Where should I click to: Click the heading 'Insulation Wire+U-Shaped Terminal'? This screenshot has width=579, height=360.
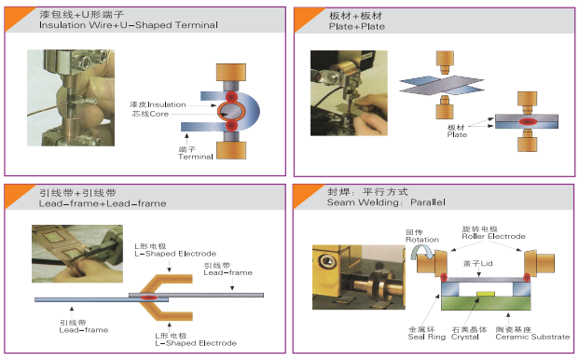point(129,25)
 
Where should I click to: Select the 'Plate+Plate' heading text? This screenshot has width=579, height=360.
point(357,27)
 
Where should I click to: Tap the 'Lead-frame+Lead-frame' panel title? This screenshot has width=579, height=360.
point(103,203)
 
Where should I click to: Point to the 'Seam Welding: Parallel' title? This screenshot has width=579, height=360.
point(386,202)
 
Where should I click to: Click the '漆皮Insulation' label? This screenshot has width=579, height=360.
point(158,104)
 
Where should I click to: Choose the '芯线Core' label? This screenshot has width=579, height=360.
point(150,114)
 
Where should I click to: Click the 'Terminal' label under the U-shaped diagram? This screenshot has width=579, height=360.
point(196,157)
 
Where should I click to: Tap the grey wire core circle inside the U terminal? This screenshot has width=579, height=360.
point(231,111)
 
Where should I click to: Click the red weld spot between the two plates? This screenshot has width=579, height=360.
point(528,121)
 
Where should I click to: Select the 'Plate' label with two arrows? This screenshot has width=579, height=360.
point(457,135)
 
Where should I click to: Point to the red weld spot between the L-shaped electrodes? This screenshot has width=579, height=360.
point(148,298)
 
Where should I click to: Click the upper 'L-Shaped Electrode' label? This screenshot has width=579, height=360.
point(175,254)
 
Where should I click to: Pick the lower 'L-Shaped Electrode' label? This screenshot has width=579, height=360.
point(196,343)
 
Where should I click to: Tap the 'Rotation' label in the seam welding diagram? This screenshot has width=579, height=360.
point(422,240)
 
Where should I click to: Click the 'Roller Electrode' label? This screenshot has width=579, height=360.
point(493,236)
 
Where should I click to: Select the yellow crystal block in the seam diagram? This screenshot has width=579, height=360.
point(486,294)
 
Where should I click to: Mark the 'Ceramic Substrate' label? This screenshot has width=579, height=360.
point(532,337)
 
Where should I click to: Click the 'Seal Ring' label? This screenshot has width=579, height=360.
point(427,337)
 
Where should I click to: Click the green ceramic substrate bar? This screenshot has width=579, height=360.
point(486,303)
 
